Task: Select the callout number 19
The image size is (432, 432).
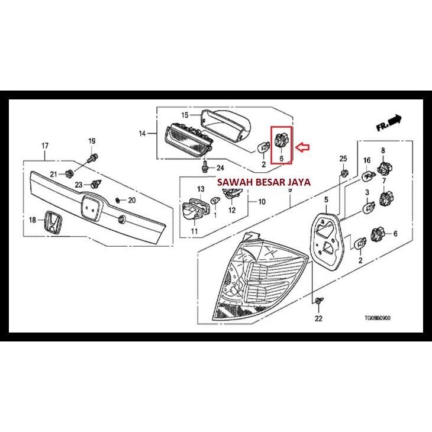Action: point(92,141)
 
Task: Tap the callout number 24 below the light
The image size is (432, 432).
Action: point(220,167)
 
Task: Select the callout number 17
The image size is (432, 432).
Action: point(44,146)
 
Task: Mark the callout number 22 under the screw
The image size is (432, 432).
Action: point(318,319)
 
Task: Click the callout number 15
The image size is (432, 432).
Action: point(184,114)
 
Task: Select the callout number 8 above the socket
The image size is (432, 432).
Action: point(383,150)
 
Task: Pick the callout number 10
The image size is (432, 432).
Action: point(262,202)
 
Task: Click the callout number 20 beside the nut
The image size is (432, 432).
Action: point(132,200)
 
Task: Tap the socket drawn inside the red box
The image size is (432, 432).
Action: point(281,141)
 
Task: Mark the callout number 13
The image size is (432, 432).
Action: point(200,189)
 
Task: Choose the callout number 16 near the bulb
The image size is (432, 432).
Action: point(367,160)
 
